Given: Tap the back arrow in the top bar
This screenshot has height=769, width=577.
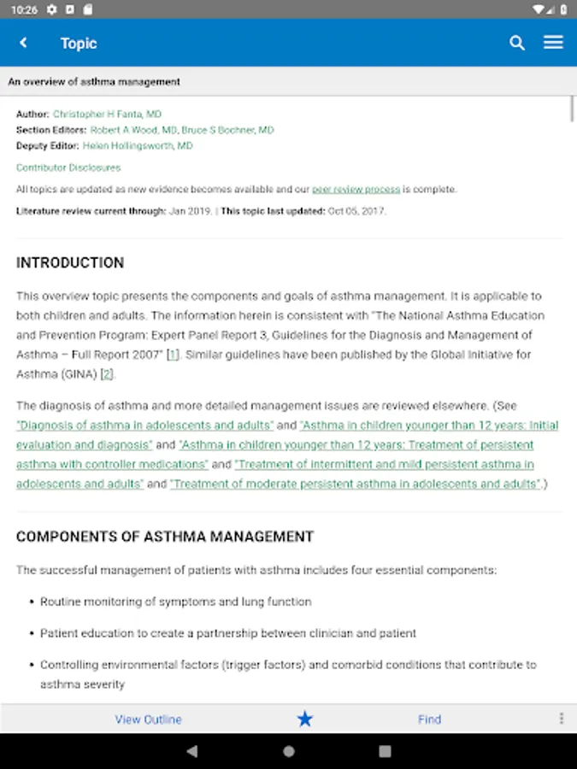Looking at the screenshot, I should pyautogui.click(x=23, y=43).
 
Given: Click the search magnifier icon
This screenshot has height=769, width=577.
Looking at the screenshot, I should pyautogui.click(x=517, y=43).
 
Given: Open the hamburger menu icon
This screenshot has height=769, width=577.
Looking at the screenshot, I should pyautogui.click(x=553, y=43).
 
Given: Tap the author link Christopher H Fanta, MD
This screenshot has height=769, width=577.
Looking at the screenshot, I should pyautogui.click(x=107, y=114).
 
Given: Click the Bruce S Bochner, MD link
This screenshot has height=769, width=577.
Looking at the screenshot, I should pyautogui.click(x=227, y=130).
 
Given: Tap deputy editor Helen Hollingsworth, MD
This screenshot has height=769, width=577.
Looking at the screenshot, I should pyautogui.click(x=138, y=145).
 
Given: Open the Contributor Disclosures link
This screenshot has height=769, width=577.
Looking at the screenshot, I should pyautogui.click(x=68, y=167).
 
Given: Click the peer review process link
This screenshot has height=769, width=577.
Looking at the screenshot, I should pyautogui.click(x=356, y=189).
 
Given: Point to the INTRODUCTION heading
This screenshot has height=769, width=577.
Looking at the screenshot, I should pyautogui.click(x=70, y=262).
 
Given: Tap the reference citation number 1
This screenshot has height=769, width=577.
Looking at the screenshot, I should pyautogui.click(x=173, y=354).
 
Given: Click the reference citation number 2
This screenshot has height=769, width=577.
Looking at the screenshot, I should pyautogui.click(x=107, y=373).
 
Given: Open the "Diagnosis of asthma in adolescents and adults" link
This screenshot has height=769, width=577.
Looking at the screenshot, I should pyautogui.click(x=145, y=425).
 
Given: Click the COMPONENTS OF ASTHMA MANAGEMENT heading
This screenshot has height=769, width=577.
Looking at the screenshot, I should pyautogui.click(x=165, y=537).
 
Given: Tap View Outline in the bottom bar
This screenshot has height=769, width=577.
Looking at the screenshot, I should pyautogui.click(x=149, y=719).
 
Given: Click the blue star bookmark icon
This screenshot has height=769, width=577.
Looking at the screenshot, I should pyautogui.click(x=305, y=719).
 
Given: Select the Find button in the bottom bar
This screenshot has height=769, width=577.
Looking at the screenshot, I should pyautogui.click(x=429, y=719).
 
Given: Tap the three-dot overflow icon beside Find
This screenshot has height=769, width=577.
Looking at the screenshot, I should pyautogui.click(x=562, y=719).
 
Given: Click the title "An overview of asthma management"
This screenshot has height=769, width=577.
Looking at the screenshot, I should pyautogui.click(x=94, y=82).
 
